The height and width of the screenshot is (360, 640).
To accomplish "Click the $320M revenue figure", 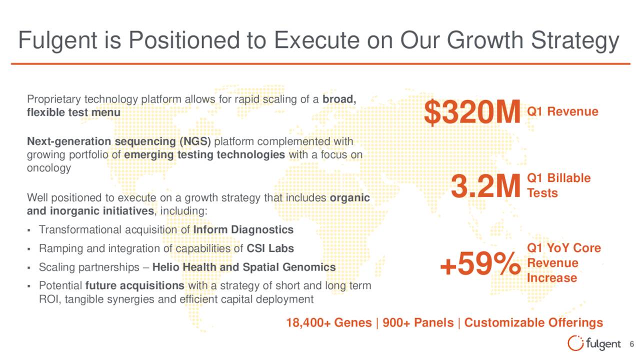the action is click(x=472, y=112).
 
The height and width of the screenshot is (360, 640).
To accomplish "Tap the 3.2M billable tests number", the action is click(x=485, y=186).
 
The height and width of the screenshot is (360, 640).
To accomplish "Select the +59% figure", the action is click(x=480, y=263).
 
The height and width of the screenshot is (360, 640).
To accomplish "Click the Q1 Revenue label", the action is click(x=562, y=111).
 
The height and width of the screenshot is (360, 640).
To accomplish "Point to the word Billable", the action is click(x=569, y=178).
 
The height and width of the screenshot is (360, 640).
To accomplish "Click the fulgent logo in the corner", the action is click(x=594, y=343).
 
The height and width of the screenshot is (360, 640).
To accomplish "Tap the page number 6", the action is click(x=631, y=344).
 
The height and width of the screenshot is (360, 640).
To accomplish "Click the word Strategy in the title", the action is click(x=575, y=41).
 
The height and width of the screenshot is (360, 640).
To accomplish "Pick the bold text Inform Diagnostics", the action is click(x=243, y=229).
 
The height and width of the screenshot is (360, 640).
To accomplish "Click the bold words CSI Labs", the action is click(x=270, y=248).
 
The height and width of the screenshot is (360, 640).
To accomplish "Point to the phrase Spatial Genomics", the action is click(x=289, y=267).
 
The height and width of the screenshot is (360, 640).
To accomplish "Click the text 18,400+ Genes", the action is click(x=329, y=323).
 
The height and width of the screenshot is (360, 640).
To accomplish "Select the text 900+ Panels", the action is click(x=418, y=323).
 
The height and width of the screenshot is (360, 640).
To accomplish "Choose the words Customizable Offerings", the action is click(x=533, y=323).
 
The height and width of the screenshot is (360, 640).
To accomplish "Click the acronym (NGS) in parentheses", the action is click(x=195, y=141).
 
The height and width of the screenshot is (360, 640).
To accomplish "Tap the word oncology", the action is click(x=49, y=168).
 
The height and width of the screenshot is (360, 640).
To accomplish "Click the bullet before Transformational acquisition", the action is click(x=29, y=230).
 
